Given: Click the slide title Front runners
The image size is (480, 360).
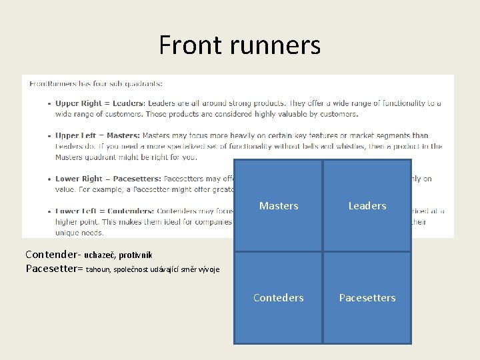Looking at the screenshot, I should [239, 45].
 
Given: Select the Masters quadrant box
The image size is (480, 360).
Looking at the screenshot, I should [279, 206].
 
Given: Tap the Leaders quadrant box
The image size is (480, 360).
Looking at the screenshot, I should [367, 206].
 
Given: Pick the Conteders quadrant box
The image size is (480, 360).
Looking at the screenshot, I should [279, 298].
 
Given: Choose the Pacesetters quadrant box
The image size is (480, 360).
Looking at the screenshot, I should [367, 298].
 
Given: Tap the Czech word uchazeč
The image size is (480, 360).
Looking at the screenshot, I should [99, 255].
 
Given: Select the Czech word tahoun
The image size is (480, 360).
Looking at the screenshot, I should [99, 269].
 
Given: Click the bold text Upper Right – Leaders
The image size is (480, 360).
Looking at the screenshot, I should [100, 103].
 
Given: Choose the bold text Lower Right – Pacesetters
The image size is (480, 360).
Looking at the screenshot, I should [108, 179].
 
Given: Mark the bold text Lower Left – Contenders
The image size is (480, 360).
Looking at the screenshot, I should [105, 211].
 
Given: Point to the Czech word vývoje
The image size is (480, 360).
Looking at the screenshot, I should [207, 269].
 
